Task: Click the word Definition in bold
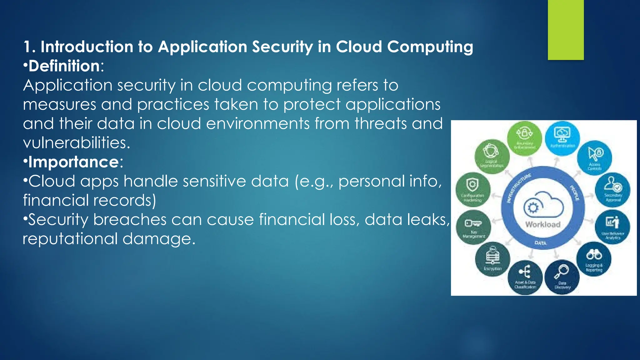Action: click(x=64, y=66)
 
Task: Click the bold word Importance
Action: click(x=73, y=162)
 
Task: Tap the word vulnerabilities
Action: click(x=76, y=143)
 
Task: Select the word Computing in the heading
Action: click(x=430, y=47)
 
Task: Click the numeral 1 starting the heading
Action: click(x=28, y=47)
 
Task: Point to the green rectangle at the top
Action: click(x=566, y=30)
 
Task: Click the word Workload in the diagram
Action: click(x=543, y=224)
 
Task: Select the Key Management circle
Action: click(x=473, y=227)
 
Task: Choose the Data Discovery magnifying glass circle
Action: click(x=562, y=277)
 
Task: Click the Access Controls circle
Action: click(x=594, y=158)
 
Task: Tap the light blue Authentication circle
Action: click(x=562, y=138)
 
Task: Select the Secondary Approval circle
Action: click(x=613, y=190)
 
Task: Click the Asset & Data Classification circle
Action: click(x=525, y=277)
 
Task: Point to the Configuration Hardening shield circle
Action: click(x=473, y=190)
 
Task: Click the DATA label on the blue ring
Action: click(x=540, y=243)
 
